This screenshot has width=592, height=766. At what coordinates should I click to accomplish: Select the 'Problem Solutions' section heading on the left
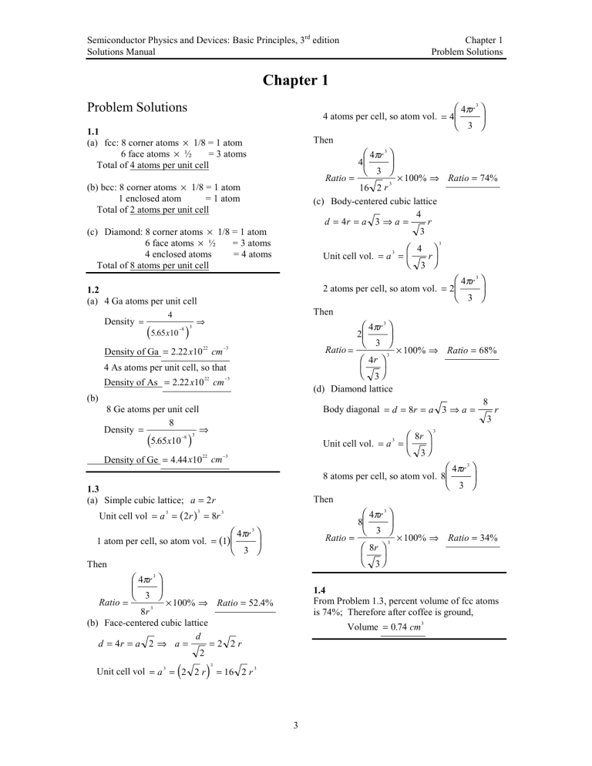(x=143, y=107)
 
